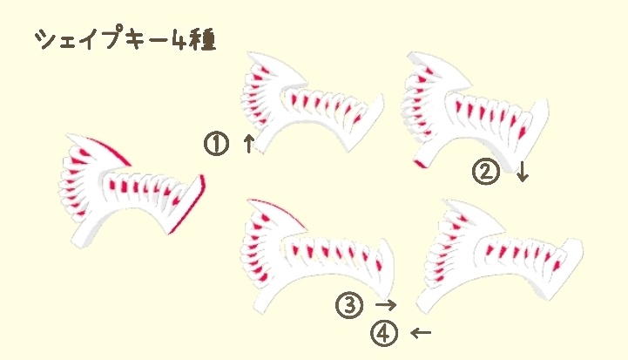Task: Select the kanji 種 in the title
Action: click(x=204, y=40)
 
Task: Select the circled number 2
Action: click(x=485, y=172)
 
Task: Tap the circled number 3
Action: click(x=348, y=305)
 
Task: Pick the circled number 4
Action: click(x=383, y=333)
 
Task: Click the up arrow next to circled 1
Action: click(x=248, y=144)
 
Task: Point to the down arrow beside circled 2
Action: click(x=522, y=172)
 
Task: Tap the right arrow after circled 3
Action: click(x=386, y=305)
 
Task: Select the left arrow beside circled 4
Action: click(x=420, y=333)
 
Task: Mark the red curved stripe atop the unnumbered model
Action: click(x=111, y=149)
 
